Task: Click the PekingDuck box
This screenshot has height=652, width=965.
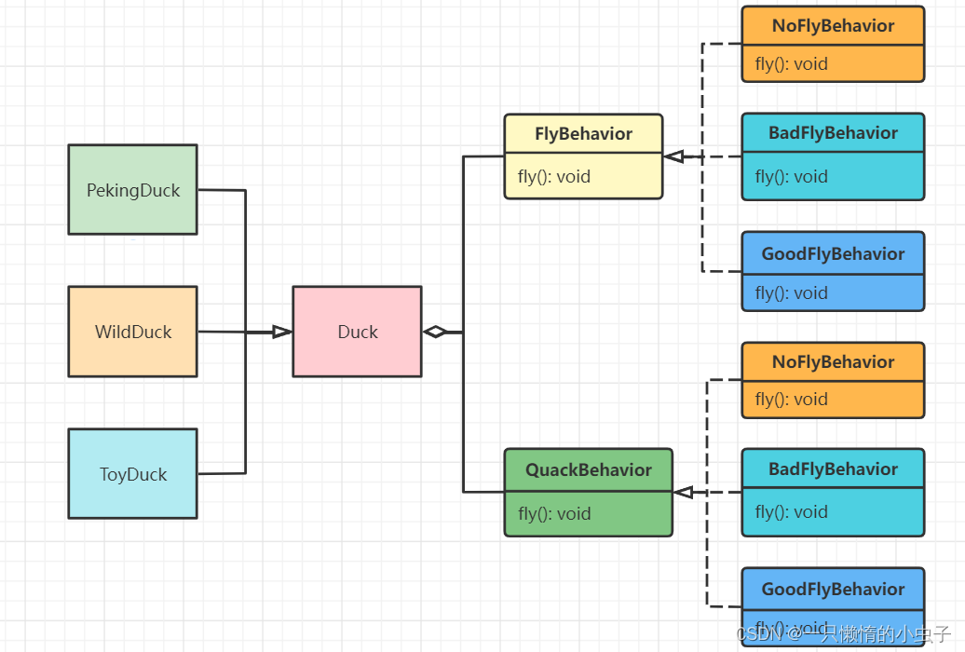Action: click(x=133, y=190)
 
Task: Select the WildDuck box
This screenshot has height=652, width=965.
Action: click(x=133, y=332)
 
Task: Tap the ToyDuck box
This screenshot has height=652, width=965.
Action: click(x=133, y=473)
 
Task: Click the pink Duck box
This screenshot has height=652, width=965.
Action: click(x=358, y=332)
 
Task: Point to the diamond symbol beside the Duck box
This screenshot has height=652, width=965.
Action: click(x=435, y=332)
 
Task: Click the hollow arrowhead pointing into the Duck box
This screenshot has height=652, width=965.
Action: click(x=282, y=332)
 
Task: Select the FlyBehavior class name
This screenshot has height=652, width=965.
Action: click(x=583, y=133)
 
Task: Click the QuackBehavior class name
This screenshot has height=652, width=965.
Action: click(x=589, y=469)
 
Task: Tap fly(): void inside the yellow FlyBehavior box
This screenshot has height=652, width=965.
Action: click(x=554, y=177)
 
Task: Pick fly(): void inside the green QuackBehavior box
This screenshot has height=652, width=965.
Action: click(x=554, y=513)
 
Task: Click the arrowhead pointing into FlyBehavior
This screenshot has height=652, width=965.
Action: click(x=673, y=156)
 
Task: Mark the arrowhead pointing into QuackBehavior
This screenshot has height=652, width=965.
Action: click(x=683, y=492)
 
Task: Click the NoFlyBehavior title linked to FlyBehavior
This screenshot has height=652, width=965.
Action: click(x=834, y=26)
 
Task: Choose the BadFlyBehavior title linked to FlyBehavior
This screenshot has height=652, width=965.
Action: click(x=834, y=133)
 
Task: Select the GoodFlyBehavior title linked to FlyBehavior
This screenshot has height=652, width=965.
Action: click(x=834, y=253)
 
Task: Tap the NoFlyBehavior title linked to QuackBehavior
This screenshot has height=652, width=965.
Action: click(x=834, y=362)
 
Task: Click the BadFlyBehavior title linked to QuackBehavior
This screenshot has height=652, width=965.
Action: click(x=834, y=469)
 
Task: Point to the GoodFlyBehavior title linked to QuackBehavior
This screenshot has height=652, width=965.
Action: click(x=834, y=590)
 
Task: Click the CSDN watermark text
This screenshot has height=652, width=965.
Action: click(x=844, y=633)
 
